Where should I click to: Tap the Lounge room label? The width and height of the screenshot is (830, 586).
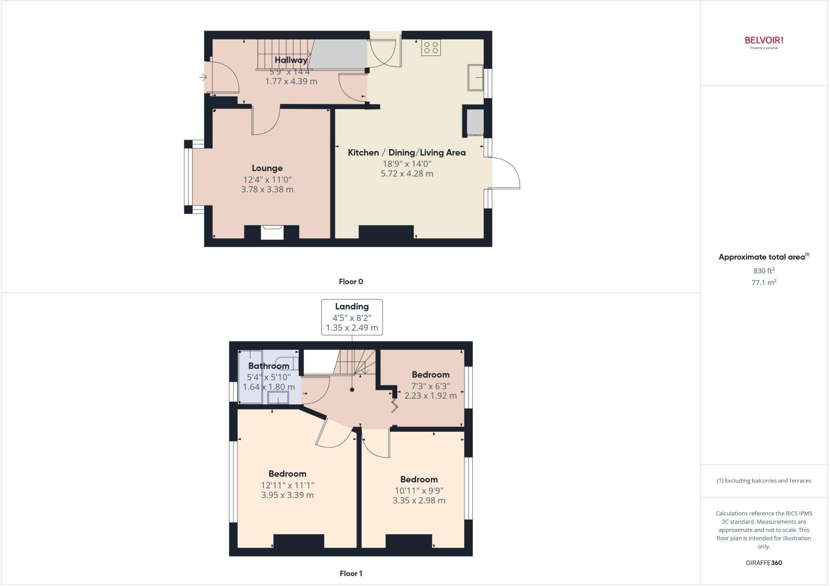pyautogui.click(x=267, y=168)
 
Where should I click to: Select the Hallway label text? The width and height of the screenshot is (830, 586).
pyautogui.click(x=291, y=60)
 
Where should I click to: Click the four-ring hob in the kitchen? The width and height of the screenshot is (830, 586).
pyautogui.click(x=431, y=47)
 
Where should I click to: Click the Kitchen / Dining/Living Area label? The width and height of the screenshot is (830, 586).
pyautogui.click(x=406, y=153)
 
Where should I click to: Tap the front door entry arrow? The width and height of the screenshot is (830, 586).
pyautogui.click(x=203, y=77)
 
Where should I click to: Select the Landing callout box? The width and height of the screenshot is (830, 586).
pyautogui.click(x=352, y=317)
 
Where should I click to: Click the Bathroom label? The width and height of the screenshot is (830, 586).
pyautogui.click(x=269, y=366)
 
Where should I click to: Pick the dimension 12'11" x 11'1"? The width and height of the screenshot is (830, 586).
pyautogui.click(x=287, y=485)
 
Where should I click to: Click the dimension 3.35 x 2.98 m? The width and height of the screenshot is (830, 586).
pyautogui.click(x=419, y=501)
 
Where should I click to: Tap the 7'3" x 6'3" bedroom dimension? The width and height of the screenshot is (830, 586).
pyautogui.click(x=430, y=386)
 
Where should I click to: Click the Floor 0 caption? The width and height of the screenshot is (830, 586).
pyautogui.click(x=351, y=281)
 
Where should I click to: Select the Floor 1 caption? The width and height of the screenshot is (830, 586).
pyautogui.click(x=351, y=573)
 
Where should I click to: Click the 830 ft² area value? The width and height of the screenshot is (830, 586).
pyautogui.click(x=764, y=271)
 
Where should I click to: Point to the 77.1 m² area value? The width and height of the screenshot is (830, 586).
pyautogui.click(x=764, y=283)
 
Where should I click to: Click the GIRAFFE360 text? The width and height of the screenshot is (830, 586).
pyautogui.click(x=764, y=563)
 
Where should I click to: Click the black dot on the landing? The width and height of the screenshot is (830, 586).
pyautogui.click(x=352, y=390)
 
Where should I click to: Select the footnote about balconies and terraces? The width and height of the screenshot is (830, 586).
pyautogui.click(x=764, y=481)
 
